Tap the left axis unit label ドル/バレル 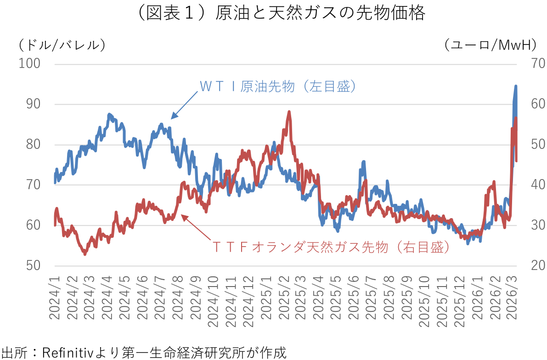click(x=62, y=45)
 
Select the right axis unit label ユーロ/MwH click(x=491, y=45)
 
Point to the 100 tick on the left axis click(x=29, y=63)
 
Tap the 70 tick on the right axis click(x=532, y=63)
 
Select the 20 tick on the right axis click(x=532, y=266)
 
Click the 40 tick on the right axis click(x=532, y=185)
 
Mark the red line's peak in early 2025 click(x=289, y=112)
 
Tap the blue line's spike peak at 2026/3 click(x=516, y=86)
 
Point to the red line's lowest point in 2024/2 click(x=85, y=254)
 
